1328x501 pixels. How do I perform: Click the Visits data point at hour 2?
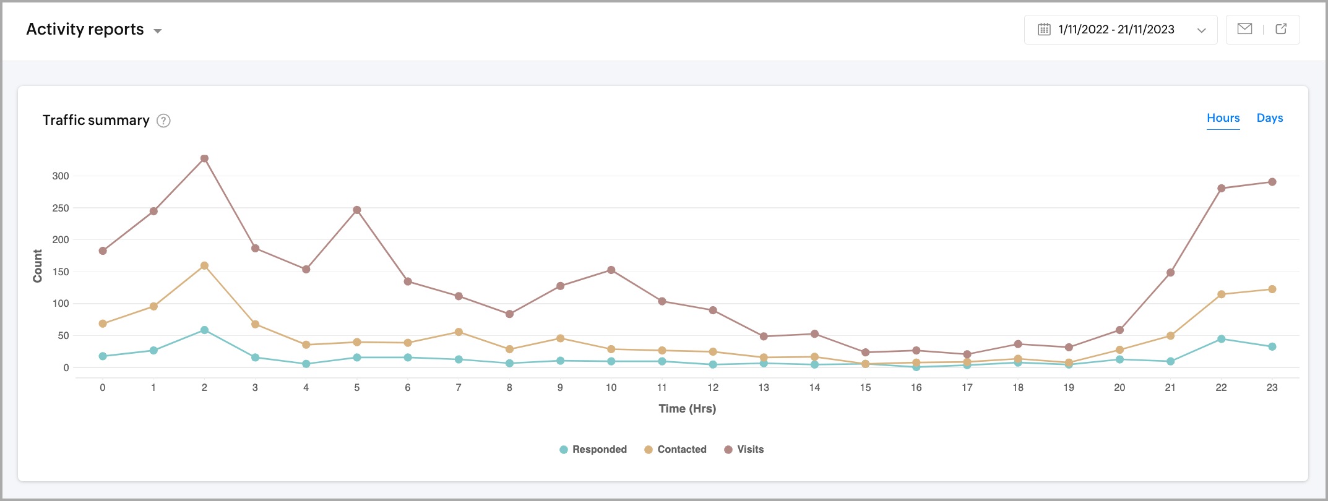(x=204, y=159)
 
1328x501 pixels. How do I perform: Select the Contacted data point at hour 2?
(x=204, y=266)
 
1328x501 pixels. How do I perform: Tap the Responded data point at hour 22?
(x=1221, y=339)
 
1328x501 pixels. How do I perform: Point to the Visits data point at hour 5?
(x=357, y=210)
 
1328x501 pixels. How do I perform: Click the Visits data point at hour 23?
(x=1272, y=182)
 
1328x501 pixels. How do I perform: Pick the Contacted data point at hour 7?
(x=459, y=332)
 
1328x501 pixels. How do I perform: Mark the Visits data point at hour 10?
(x=611, y=270)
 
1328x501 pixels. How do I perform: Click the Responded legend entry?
(x=593, y=450)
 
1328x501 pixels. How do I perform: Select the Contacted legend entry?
(x=675, y=450)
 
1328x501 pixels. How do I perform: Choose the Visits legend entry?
(x=744, y=450)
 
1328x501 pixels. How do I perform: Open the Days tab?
(x=1270, y=118)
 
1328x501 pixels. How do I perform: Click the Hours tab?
(x=1223, y=118)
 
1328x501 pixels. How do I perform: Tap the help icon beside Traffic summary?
(x=163, y=121)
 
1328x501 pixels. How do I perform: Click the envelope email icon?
(x=1244, y=29)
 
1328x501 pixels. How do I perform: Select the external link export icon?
(x=1281, y=29)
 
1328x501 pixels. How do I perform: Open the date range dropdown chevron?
(x=1201, y=30)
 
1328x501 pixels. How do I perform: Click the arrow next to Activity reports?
(x=158, y=31)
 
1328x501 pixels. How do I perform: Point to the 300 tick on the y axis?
(x=61, y=176)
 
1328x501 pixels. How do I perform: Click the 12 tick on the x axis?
(x=713, y=388)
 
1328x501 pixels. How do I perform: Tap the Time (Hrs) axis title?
(x=687, y=409)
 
